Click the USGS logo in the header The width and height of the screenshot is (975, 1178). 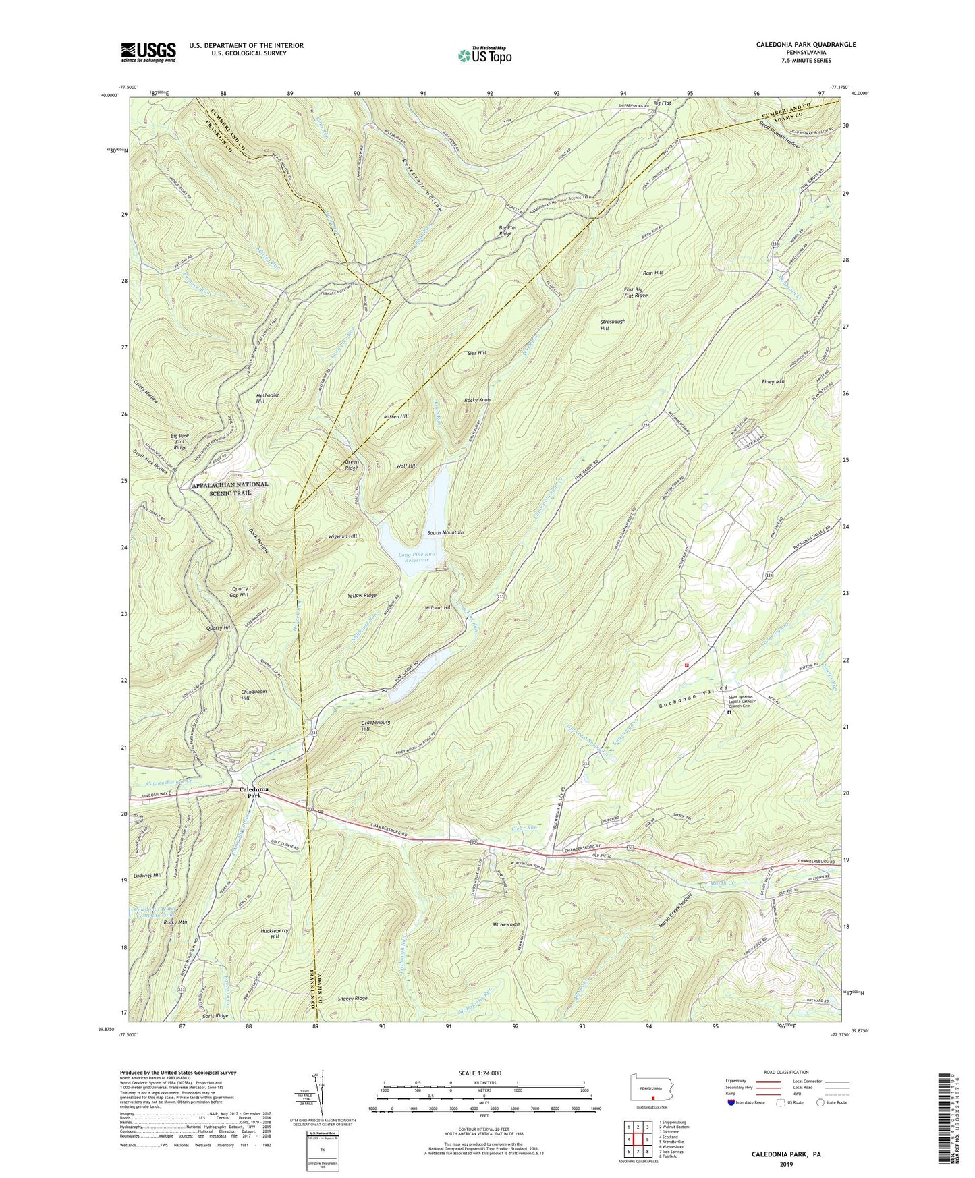point(148,52)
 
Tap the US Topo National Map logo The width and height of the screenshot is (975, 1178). point(484,55)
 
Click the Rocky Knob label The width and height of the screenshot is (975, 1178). point(477,400)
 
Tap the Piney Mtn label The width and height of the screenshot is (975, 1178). point(771,382)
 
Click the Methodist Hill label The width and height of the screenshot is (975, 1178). point(268,398)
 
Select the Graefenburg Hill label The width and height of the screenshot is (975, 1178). point(374,725)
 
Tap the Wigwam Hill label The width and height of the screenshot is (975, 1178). point(343,536)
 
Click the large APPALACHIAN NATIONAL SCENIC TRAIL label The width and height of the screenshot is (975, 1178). point(231,488)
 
